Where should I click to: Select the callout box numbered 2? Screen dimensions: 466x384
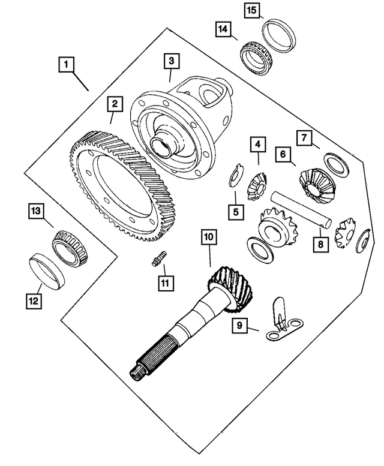pos(112,104)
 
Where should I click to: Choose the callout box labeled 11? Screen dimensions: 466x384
pos(164,282)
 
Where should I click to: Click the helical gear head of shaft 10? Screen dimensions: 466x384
pos(232,288)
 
